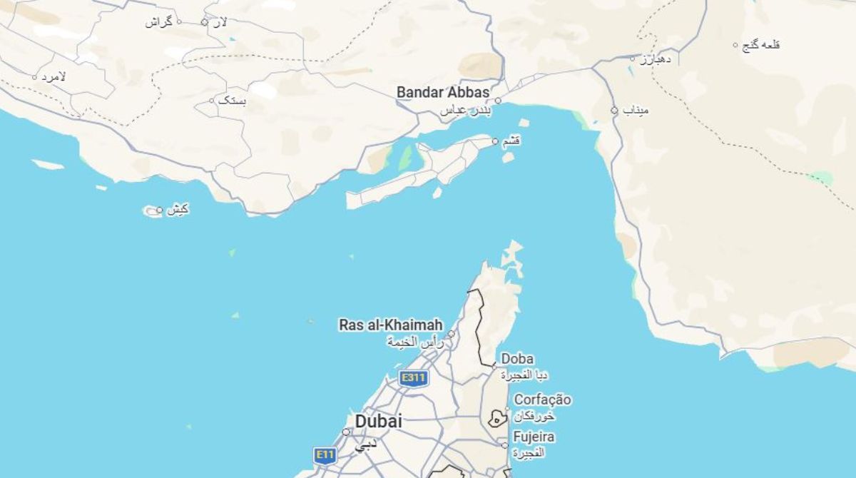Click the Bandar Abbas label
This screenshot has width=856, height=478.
(x=442, y=92)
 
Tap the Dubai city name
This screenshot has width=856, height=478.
(x=378, y=421)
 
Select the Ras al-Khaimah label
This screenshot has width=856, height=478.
(x=390, y=325)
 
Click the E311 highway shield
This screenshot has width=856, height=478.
(x=413, y=377)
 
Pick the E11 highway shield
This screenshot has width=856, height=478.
(x=325, y=454)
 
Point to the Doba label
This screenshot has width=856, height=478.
(x=517, y=358)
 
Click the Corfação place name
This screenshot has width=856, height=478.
(x=542, y=400)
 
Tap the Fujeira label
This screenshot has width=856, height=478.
(x=534, y=437)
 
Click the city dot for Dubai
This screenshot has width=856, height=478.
(x=346, y=432)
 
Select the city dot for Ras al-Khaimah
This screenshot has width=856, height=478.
(x=451, y=334)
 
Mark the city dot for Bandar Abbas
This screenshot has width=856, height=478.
(x=498, y=101)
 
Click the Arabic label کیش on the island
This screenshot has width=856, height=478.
(x=178, y=209)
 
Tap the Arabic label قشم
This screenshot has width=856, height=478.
(x=511, y=141)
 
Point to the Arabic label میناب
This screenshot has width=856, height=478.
(x=635, y=111)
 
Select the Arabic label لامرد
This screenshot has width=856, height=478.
(x=53, y=76)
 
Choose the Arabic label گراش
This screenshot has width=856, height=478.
(x=159, y=21)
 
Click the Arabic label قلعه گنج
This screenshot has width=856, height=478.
(x=761, y=44)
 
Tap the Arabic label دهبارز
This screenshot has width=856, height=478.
(x=655, y=59)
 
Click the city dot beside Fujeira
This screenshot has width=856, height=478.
(x=505, y=445)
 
